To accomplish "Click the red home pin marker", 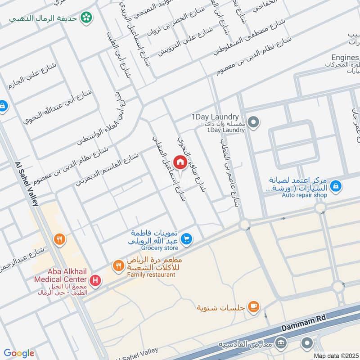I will pyautogui.click(x=180, y=162).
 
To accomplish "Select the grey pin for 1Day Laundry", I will pyautogui.click(x=253, y=122).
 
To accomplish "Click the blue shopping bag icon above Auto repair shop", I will pyautogui.click(x=335, y=185).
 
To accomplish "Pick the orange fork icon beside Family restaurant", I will pyautogui.click(x=118, y=266).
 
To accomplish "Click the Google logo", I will pyautogui.click(x=19, y=353).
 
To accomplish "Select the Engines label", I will pyautogui.click(x=345, y=58).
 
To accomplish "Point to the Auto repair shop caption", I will pyautogui.click(x=304, y=195).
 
